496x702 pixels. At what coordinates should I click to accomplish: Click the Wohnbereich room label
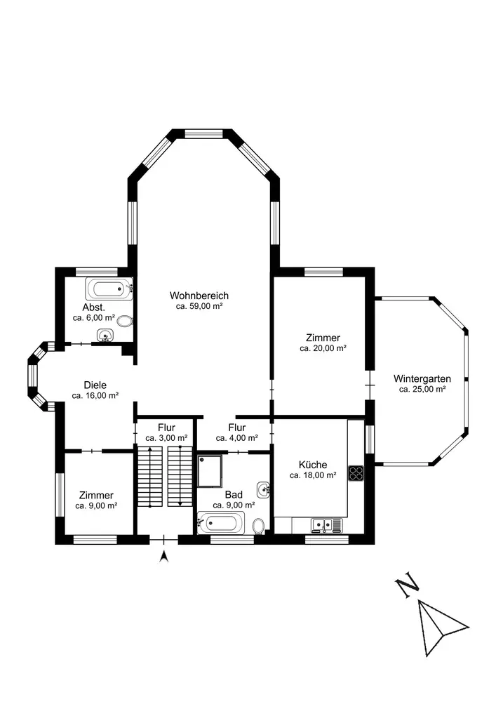pyautogui.click(x=199, y=296)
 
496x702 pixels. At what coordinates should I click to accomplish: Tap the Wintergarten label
pyautogui.click(x=422, y=379)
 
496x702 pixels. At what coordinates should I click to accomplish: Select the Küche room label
pyautogui.click(x=313, y=465)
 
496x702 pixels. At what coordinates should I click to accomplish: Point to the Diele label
pyautogui.click(x=95, y=385)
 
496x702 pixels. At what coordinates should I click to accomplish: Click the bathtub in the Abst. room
pyautogui.click(x=109, y=289)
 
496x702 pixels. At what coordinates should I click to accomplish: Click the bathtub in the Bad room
pyautogui.click(x=221, y=523)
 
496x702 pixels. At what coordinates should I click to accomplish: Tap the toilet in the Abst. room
pyautogui.click(x=126, y=321)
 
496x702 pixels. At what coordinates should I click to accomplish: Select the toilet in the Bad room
pyautogui.click(x=258, y=526)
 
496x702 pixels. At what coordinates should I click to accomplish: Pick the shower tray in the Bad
pyautogui.click(x=210, y=471)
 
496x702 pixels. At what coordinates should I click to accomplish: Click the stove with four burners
pyautogui.click(x=356, y=473)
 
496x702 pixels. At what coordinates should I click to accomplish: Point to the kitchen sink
pyautogui.click(x=327, y=524)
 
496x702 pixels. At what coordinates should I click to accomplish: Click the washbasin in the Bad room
pyautogui.click(x=263, y=490)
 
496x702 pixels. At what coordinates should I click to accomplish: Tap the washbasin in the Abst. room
pyautogui.click(x=105, y=335)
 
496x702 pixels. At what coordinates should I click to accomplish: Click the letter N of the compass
pyautogui.click(x=407, y=587)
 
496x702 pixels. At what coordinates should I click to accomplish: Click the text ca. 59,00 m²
pyautogui.click(x=199, y=307)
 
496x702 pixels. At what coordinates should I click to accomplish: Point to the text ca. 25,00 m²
pyautogui.click(x=422, y=390)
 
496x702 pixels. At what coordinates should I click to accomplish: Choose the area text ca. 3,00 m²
pyautogui.click(x=166, y=438)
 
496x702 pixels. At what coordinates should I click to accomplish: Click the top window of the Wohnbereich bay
pyautogui.click(x=204, y=133)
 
